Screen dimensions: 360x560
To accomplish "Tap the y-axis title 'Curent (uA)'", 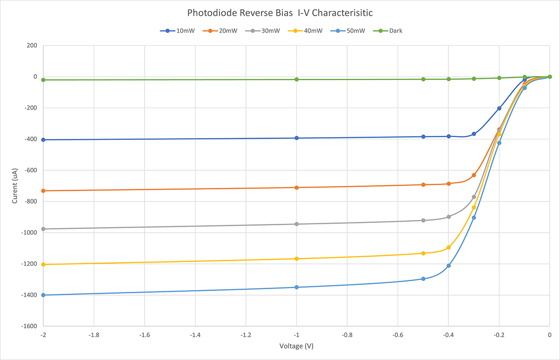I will [x=15, y=186].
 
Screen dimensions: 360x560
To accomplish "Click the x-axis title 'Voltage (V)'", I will [x=296, y=346].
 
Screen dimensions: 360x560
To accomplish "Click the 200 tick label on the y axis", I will [x=31, y=46].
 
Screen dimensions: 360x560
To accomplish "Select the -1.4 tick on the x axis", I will [x=195, y=335].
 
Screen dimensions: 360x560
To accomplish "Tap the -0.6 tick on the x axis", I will [x=398, y=335].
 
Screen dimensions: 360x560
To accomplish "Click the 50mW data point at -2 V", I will [x=43, y=295].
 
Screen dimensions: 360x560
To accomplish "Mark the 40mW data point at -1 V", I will [x=296, y=259].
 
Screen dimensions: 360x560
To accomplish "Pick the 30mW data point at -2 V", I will [x=43, y=229].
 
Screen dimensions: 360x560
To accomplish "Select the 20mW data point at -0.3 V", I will [x=474, y=175].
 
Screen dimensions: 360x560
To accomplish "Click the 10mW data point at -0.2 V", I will [x=499, y=108].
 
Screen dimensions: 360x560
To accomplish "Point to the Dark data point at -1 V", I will [x=296, y=79].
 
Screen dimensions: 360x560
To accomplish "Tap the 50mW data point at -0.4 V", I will [x=448, y=266].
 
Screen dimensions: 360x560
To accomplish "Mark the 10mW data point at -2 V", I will [x=43, y=140].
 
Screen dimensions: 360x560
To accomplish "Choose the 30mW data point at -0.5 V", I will [x=423, y=221].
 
